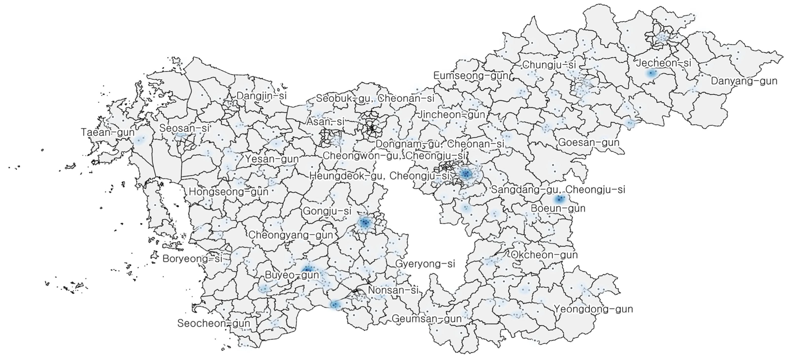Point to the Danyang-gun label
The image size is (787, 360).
[x=744, y=81]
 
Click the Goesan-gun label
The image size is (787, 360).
[x=588, y=143]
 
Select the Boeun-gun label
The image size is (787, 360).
[x=558, y=209]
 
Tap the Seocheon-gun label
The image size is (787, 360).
[x=214, y=323]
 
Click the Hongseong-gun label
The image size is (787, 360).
[x=228, y=192]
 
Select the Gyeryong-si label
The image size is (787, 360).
[x=425, y=264]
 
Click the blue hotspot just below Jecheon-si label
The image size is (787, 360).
[x=651, y=73]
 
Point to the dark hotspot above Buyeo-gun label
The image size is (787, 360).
[x=307, y=269]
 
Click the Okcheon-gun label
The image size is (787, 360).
[x=544, y=255]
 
